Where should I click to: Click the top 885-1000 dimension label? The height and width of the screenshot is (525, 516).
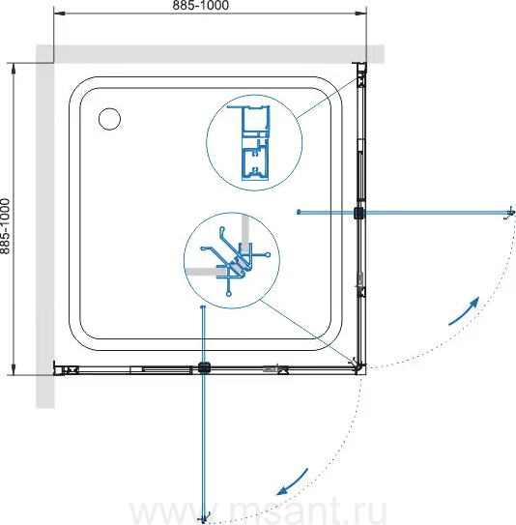pos(201,5)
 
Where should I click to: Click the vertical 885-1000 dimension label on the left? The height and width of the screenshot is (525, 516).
pos(5,226)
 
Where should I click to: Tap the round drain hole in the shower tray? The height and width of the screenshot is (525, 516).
pos(110,119)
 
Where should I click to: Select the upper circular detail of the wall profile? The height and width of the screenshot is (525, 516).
pos(254,143)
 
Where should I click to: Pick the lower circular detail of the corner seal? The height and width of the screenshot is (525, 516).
pos(232,260)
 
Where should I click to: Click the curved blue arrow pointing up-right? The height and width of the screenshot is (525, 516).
pos(464,311)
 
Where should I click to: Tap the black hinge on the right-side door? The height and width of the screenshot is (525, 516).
pos(359,213)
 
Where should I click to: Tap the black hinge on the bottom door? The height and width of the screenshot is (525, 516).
pos(204,368)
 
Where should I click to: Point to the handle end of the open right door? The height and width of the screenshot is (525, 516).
pos(509,213)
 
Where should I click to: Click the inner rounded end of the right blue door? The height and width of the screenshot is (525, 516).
pos(299,212)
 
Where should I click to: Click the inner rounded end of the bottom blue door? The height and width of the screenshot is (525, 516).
pos(202,307)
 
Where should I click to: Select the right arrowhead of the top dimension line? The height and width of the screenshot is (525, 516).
pos(360,14)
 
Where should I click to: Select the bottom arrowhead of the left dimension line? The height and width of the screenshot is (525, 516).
pos(14,369)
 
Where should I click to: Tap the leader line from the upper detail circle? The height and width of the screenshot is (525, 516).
pos(327,99)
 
